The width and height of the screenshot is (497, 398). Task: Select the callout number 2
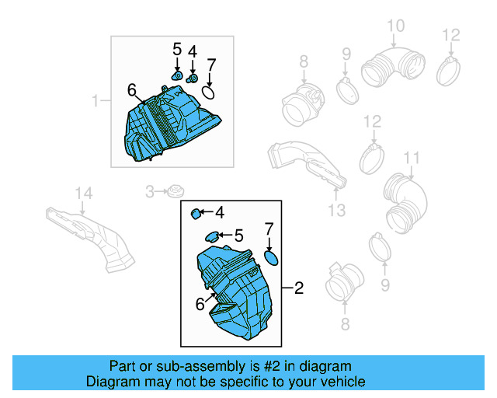pyautogui.click(x=299, y=288)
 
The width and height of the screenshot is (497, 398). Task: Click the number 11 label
pyautogui.click(x=412, y=159)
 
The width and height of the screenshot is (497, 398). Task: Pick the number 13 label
pyautogui.click(x=335, y=211)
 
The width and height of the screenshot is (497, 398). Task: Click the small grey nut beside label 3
pyautogui.click(x=176, y=190)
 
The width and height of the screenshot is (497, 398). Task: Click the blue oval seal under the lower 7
pyautogui.click(x=271, y=257)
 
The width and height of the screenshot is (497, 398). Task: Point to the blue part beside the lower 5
pyautogui.click(x=211, y=236)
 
